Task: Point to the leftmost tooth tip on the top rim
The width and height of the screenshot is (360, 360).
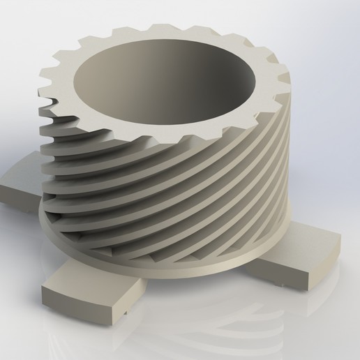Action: [43, 70]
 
